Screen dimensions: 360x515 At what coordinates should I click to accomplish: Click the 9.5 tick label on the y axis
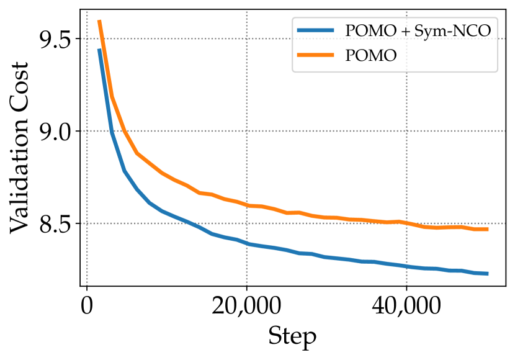[55, 39]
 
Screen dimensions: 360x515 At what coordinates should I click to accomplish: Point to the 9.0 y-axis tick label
[55, 132]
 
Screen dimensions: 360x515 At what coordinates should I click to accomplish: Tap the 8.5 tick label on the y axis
[55, 223]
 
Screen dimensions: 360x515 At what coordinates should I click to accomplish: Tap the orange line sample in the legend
[318, 55]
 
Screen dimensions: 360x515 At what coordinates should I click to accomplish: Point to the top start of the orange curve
[99, 21]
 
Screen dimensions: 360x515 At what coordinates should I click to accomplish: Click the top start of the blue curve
[99, 50]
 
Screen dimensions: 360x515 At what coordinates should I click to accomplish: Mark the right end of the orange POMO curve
[488, 229]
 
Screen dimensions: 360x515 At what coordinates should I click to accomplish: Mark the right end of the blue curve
[488, 274]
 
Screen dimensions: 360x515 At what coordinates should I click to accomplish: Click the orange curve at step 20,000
[247, 205]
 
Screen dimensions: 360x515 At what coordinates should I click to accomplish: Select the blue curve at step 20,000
[247, 244]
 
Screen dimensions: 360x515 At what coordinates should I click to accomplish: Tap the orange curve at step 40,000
[406, 223]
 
